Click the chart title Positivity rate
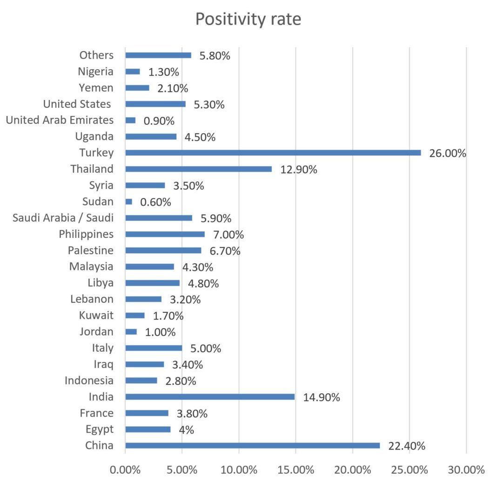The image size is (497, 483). (248, 20)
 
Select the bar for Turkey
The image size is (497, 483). (273, 153)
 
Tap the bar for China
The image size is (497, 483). (252, 445)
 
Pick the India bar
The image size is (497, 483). (210, 397)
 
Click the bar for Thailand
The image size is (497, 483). (198, 169)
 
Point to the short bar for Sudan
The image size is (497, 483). (129, 201)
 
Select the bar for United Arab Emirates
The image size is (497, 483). (130, 120)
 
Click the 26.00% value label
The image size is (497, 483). (448, 153)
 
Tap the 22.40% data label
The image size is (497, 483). (407, 446)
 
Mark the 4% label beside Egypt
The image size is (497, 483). (186, 429)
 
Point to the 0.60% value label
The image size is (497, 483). (155, 202)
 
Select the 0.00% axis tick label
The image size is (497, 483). (125, 470)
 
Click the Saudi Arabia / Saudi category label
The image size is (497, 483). (63, 218)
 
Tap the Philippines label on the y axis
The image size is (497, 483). (86, 234)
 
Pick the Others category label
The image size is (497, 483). (96, 55)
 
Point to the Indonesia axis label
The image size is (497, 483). (89, 381)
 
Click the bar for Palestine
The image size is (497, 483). (163, 250)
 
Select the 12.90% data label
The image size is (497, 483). (299, 169)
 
